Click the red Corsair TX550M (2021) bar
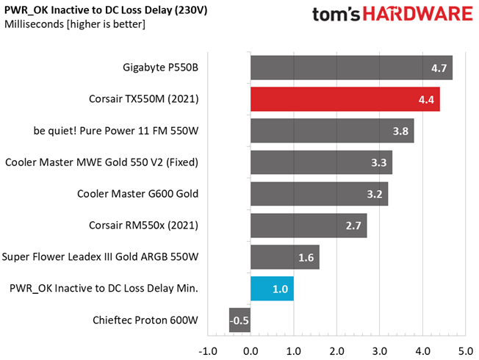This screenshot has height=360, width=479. pyautogui.click(x=345, y=99)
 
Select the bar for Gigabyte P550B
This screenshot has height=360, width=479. pyautogui.click(x=351, y=68)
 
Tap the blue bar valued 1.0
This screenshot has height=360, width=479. pyautogui.click(x=272, y=289)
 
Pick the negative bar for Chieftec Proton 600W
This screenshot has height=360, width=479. pyautogui.click(x=239, y=320)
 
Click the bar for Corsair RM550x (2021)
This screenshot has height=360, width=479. pyautogui.click(x=309, y=226)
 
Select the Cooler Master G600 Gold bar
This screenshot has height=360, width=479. pyautogui.click(x=319, y=194)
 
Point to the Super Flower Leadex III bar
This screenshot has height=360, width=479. pyautogui.click(x=285, y=257)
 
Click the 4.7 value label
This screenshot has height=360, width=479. pyautogui.click(x=439, y=68)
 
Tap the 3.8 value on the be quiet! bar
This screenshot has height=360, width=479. pyautogui.click(x=401, y=132)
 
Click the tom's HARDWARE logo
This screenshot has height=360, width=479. pyautogui.click(x=392, y=16)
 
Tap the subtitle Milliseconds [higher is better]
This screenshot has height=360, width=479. pyautogui.click(x=74, y=24)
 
